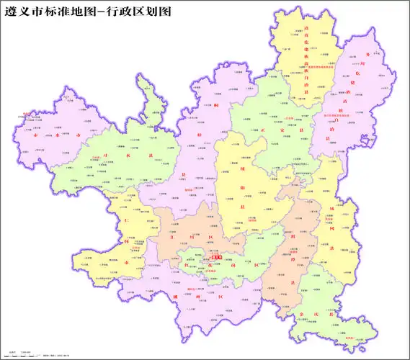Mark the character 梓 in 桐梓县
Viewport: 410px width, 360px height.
(x=198, y=134)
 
